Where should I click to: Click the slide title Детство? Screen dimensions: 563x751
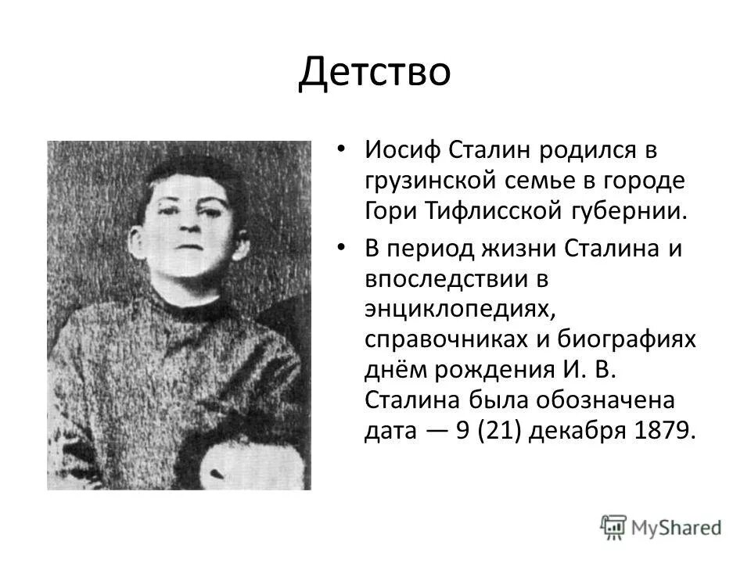click(375, 74)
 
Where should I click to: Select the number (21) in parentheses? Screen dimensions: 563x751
click(498, 431)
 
